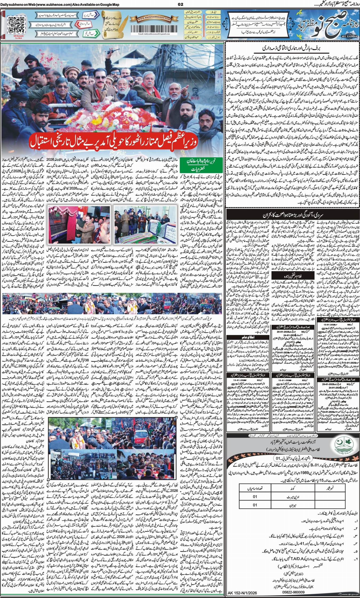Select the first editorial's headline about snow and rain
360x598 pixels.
point(292,49)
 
